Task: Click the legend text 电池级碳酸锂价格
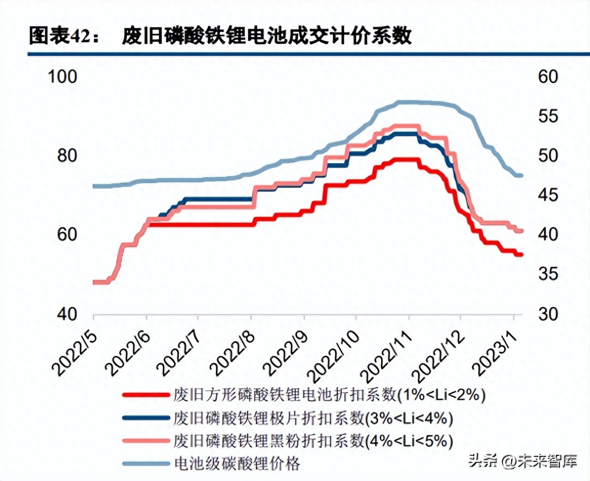click(237, 463)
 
